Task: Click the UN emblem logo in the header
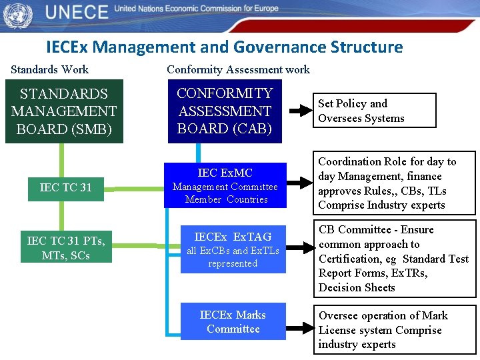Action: click(17, 14)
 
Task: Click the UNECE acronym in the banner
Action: click(77, 12)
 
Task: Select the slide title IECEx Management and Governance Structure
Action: click(225, 47)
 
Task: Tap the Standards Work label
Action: click(50, 69)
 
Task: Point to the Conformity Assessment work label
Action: click(238, 69)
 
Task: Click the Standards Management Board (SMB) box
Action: click(64, 111)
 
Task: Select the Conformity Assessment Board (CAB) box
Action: click(225, 111)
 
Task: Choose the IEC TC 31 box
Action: click(66, 187)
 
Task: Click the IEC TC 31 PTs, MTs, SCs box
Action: click(66, 248)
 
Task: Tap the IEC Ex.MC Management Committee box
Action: click(225, 185)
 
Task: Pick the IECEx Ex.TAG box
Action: click(233, 249)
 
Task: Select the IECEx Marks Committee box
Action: click(233, 321)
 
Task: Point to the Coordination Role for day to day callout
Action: click(396, 183)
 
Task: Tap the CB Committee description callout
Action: click(396, 259)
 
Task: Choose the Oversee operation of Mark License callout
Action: click(396, 330)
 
